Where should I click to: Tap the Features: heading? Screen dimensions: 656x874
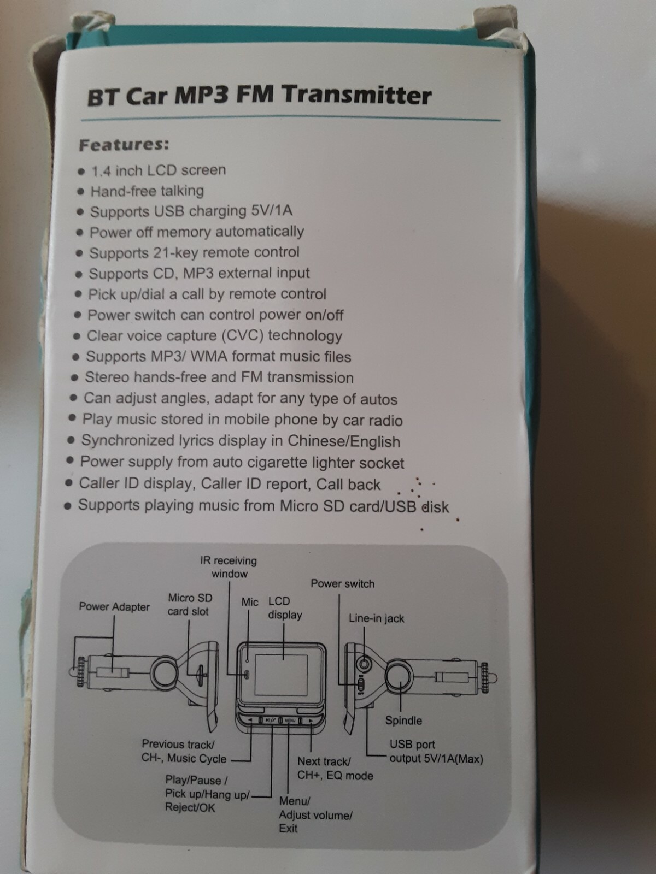pos(124,145)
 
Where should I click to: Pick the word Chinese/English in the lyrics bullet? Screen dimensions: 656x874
pos(344,441)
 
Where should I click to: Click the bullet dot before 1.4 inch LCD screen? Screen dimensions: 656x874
pos(81,172)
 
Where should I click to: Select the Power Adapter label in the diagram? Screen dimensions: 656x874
pos(114,607)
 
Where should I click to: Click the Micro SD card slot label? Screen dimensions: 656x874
pos(189,605)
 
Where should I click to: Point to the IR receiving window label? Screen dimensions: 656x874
pos(229,567)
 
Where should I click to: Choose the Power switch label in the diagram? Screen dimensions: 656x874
pos(342,583)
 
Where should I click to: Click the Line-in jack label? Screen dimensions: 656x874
pos(376,618)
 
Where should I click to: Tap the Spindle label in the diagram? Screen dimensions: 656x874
pos(403,721)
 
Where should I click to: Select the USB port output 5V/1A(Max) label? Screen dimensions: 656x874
pos(436,752)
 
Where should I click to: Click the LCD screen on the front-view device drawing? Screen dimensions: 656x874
pos(282,675)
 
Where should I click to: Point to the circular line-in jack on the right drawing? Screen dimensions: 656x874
pos(364,665)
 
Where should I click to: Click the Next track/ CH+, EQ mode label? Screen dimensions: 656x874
pos(335,768)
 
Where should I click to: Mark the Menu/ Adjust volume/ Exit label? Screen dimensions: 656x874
pos(315,814)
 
